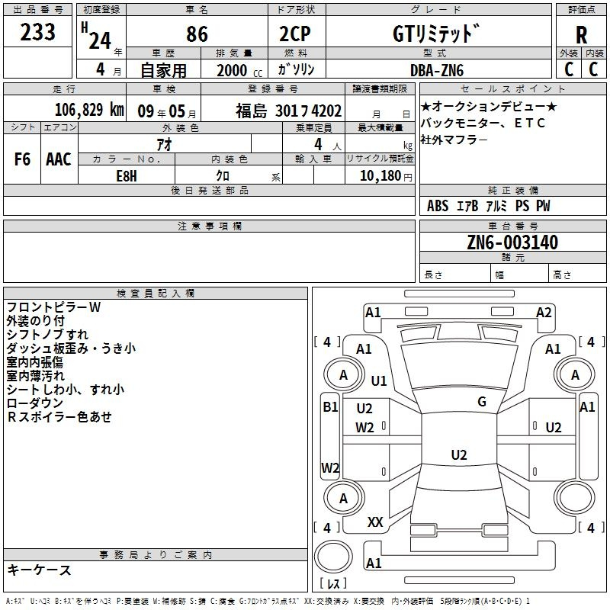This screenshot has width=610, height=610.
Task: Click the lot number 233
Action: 37,32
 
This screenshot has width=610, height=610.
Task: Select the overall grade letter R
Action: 581,35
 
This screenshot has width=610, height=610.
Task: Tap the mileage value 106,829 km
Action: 89,110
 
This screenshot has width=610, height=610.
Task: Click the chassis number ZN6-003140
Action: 512,242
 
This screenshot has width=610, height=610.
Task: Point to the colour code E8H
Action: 127,176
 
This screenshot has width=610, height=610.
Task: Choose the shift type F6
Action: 22,159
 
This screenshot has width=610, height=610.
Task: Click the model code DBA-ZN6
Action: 437,70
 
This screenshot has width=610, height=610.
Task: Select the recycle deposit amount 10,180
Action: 380,176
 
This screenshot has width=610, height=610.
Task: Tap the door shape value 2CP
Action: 295,34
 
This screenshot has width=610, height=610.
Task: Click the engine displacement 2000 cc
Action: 239,71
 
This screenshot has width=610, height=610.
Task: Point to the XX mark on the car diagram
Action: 375,522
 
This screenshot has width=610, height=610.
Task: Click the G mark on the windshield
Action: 482,402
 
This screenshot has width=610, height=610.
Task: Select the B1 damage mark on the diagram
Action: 330,407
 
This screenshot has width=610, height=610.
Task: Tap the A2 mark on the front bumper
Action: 544,313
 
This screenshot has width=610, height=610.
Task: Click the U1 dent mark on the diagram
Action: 379,380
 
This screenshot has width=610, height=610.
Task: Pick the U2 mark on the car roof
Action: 459,454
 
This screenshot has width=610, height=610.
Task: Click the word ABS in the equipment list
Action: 438,206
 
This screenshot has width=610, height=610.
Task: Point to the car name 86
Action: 197,34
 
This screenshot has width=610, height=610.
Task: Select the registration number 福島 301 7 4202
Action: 288,111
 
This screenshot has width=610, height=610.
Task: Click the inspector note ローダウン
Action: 34,403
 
